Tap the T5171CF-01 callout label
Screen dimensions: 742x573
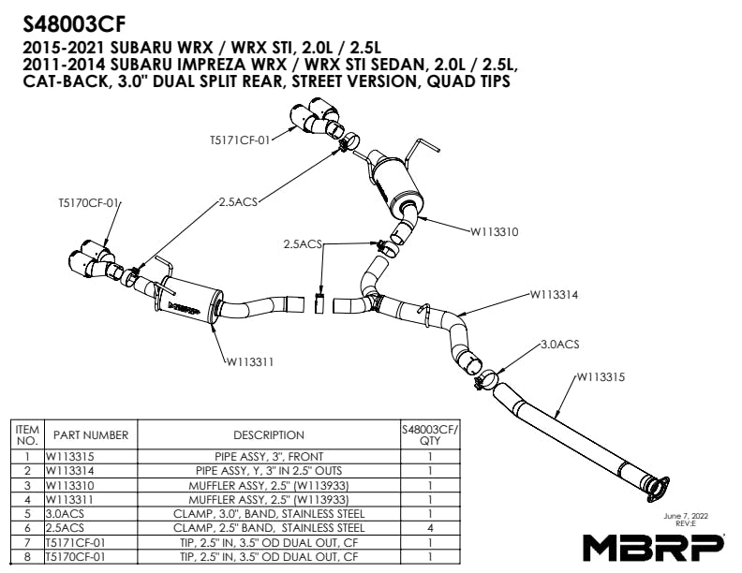click(x=240, y=140)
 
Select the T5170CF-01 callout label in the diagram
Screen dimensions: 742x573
click(x=88, y=203)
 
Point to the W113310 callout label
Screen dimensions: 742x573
click(x=494, y=231)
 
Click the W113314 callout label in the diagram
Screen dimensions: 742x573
click(x=554, y=295)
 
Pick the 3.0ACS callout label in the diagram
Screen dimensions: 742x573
click(x=560, y=345)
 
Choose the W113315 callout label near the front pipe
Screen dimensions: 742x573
click(x=601, y=376)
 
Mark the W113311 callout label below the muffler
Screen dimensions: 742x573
click(x=250, y=362)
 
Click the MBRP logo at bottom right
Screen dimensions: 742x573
click(x=654, y=548)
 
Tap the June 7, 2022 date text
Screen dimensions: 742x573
click(x=686, y=516)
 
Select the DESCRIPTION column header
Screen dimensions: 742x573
click(x=269, y=435)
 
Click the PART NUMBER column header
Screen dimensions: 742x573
click(x=91, y=435)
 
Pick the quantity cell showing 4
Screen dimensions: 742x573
click(x=430, y=528)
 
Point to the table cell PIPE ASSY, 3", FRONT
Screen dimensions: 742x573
click(x=269, y=457)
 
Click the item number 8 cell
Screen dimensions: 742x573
click(x=27, y=556)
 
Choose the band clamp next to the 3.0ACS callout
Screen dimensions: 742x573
click(x=485, y=379)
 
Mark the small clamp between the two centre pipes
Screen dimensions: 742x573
click(x=319, y=302)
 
